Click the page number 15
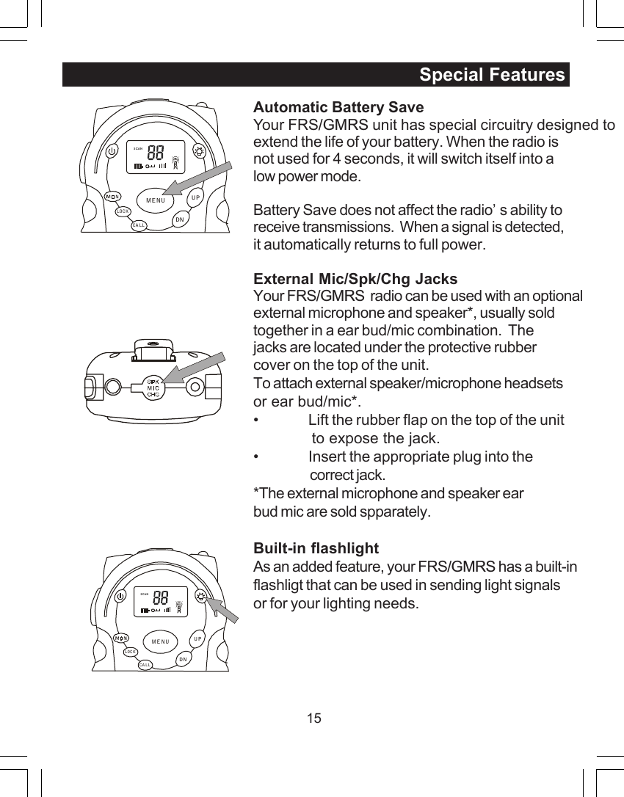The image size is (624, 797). click(x=314, y=718)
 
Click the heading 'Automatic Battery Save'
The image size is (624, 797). click(x=338, y=108)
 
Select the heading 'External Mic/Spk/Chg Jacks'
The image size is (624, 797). click(x=355, y=279)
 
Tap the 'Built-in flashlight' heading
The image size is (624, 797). click(x=316, y=548)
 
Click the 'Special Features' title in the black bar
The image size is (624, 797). click(x=492, y=75)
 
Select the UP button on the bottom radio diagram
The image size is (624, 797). click(x=197, y=638)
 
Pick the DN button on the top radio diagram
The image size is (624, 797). click(x=179, y=219)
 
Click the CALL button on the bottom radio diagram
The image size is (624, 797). click(x=145, y=665)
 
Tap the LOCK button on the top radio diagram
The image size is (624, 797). click(x=123, y=211)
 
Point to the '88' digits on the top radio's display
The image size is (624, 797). click(x=155, y=154)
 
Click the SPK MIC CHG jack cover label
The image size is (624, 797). click(x=153, y=388)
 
